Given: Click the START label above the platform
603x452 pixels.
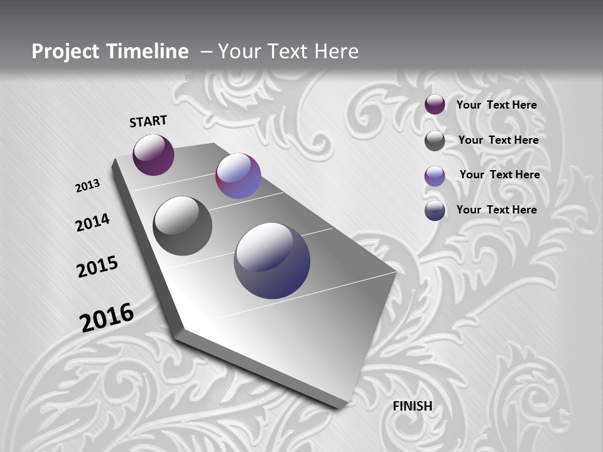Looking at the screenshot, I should coord(148,121).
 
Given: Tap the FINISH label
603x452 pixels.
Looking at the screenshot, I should coord(413,406).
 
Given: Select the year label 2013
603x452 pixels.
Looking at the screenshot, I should coord(88,186).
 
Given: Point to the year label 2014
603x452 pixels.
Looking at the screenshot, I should coord(93,223).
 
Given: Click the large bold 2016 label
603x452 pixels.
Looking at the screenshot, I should coord(107,318).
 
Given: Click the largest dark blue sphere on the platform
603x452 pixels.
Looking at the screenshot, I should coord(272,261).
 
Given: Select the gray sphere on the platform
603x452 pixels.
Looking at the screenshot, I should coord(182,226).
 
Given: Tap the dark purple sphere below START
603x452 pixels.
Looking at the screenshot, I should coord(153,154).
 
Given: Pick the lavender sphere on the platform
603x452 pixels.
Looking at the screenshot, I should coord(238,176).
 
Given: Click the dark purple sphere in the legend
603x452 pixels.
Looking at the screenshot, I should coord(435,104).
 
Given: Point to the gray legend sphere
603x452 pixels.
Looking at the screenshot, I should coord(435,141).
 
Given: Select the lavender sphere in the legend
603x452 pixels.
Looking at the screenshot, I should coord(435,176).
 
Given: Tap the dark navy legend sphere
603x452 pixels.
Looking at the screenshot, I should coord(435,210).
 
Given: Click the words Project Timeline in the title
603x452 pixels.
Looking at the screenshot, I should coord(110,51).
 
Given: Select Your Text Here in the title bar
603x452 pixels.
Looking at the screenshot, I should coord(288,51).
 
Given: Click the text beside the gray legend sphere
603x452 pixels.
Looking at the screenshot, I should coord(499,140).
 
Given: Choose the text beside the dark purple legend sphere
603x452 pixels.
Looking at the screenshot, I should coord(497,105).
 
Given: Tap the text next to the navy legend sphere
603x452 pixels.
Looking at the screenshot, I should coord(497,210).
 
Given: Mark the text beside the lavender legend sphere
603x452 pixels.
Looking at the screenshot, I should coord(500,175).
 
